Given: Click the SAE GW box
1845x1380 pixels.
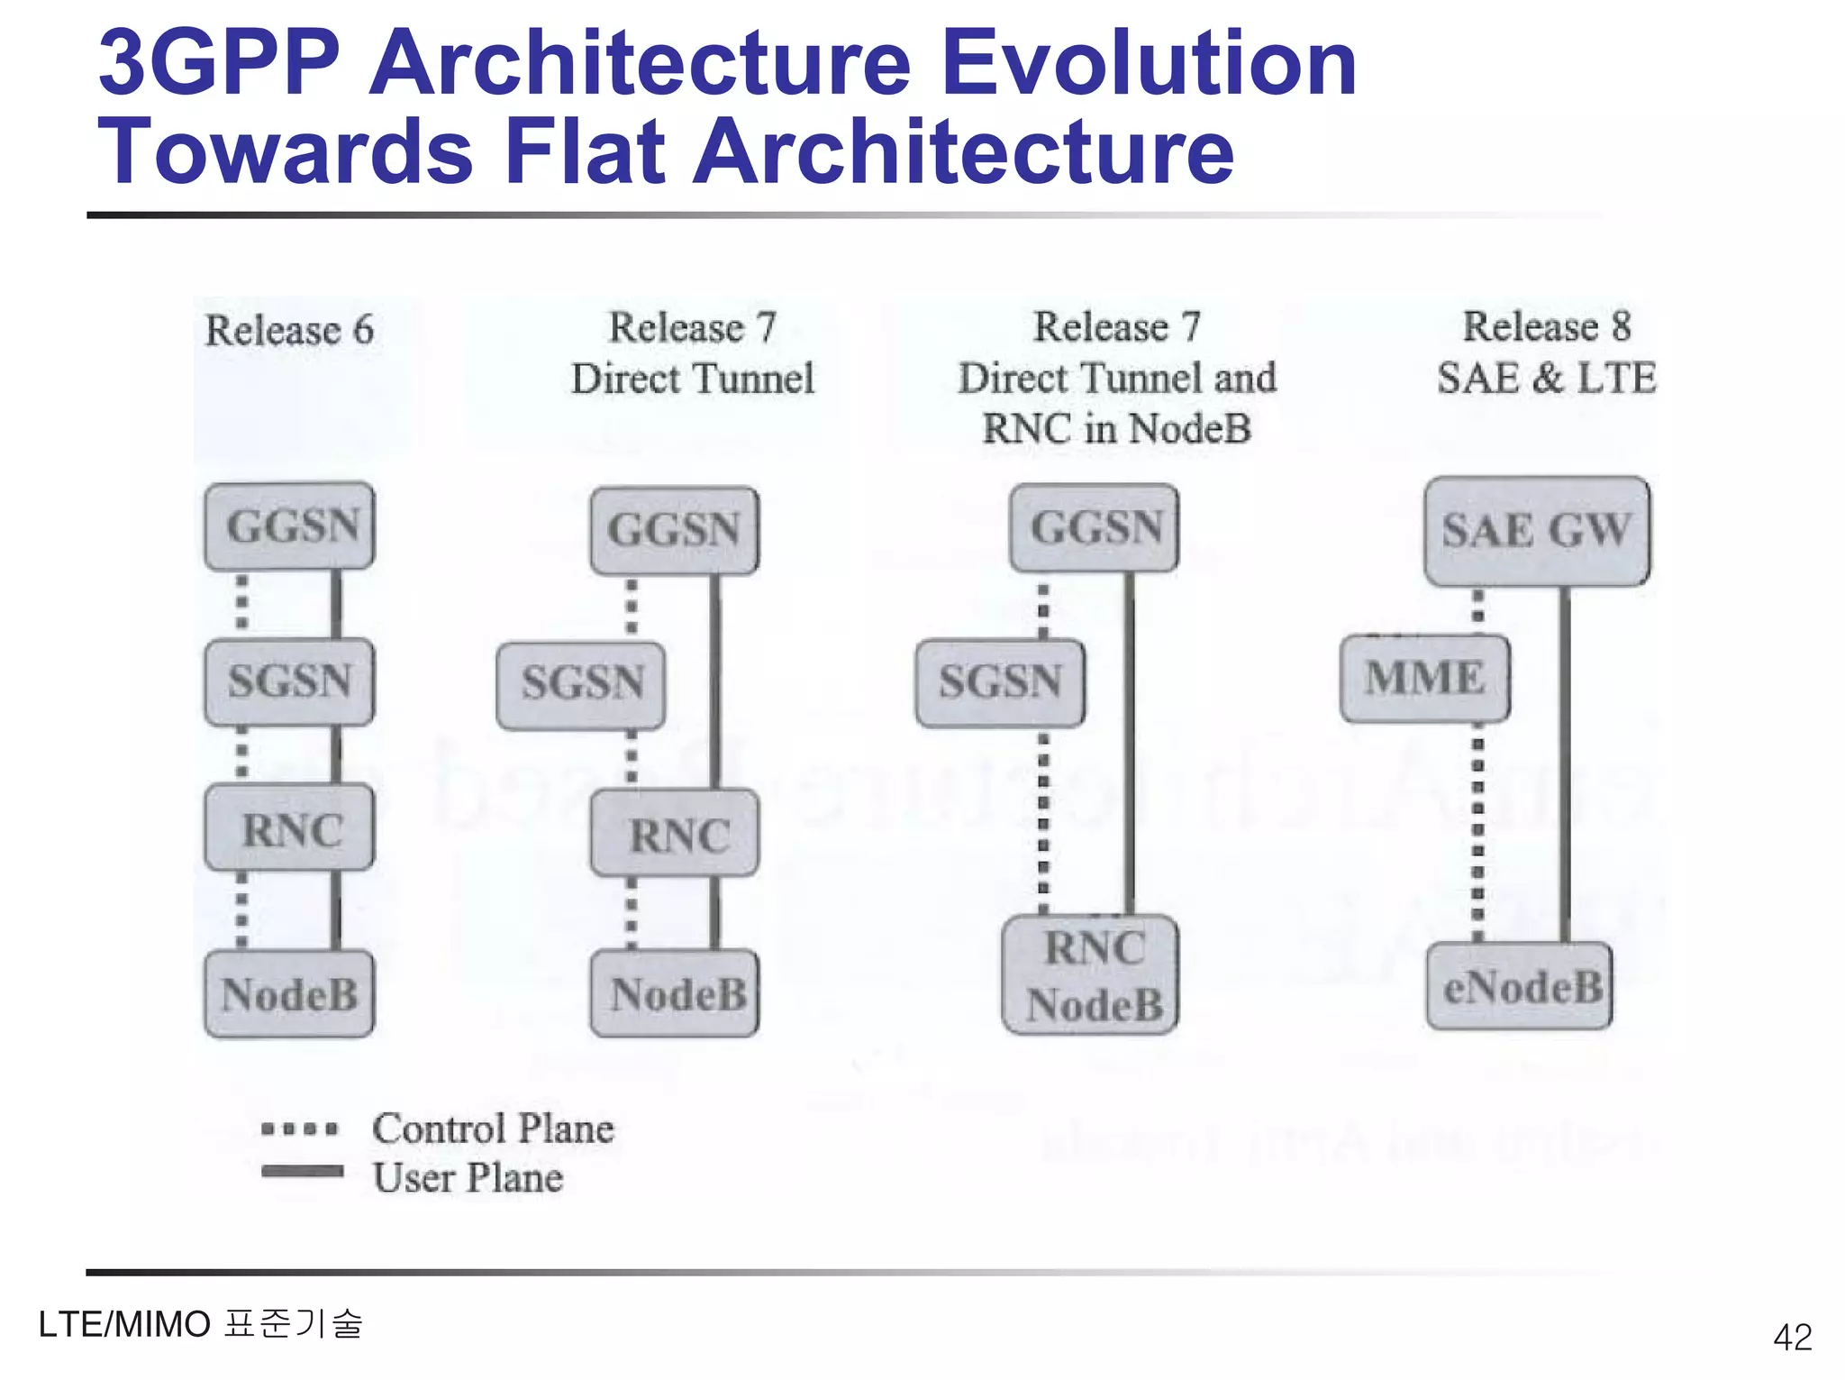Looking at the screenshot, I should point(1537,531).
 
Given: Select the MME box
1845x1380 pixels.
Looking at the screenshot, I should point(1424,679).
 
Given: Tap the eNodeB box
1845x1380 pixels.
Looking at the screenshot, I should point(1520,987).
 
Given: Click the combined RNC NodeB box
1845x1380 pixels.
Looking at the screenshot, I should point(1091,975).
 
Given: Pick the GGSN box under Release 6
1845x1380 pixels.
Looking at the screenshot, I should point(289,526).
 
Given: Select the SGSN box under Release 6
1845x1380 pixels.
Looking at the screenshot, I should point(289,681).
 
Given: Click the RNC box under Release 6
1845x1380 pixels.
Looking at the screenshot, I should point(289,828).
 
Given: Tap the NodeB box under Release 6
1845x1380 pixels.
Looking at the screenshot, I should point(289,994).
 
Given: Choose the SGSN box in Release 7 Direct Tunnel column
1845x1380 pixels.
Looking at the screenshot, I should point(581,683).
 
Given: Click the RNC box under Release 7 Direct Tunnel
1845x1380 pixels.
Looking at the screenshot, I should point(675,834).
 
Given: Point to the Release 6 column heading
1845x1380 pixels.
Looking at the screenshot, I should point(289,331).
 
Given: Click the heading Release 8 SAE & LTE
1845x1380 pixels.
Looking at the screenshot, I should point(1546,352).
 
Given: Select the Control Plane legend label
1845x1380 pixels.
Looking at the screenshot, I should point(493,1129).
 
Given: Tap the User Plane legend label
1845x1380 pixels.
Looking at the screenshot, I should point(468,1178).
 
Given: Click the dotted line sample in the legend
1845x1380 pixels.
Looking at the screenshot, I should point(300,1129).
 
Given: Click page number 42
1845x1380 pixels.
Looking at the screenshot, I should point(1791,1337).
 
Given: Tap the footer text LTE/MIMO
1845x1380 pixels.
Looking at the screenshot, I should point(124,1324).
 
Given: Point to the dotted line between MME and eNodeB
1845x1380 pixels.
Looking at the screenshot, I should point(1477,829).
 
